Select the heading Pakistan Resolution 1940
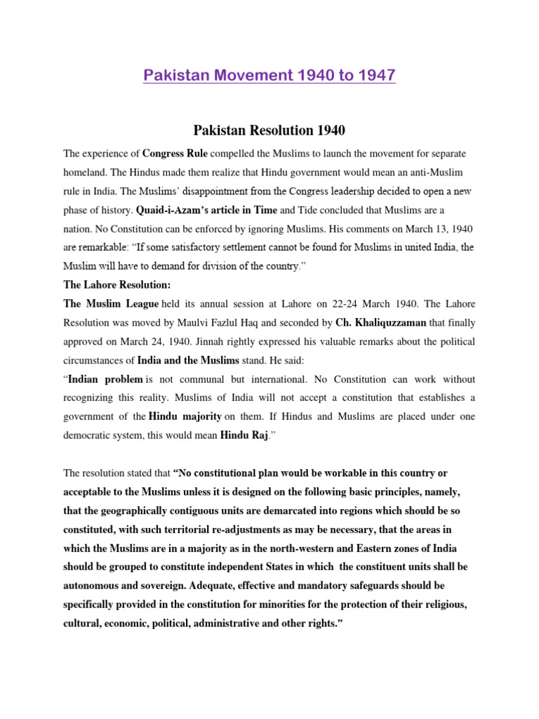point(269,130)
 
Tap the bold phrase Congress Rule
point(175,153)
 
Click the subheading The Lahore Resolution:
point(117,286)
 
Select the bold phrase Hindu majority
point(185,417)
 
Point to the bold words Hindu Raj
point(244,435)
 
